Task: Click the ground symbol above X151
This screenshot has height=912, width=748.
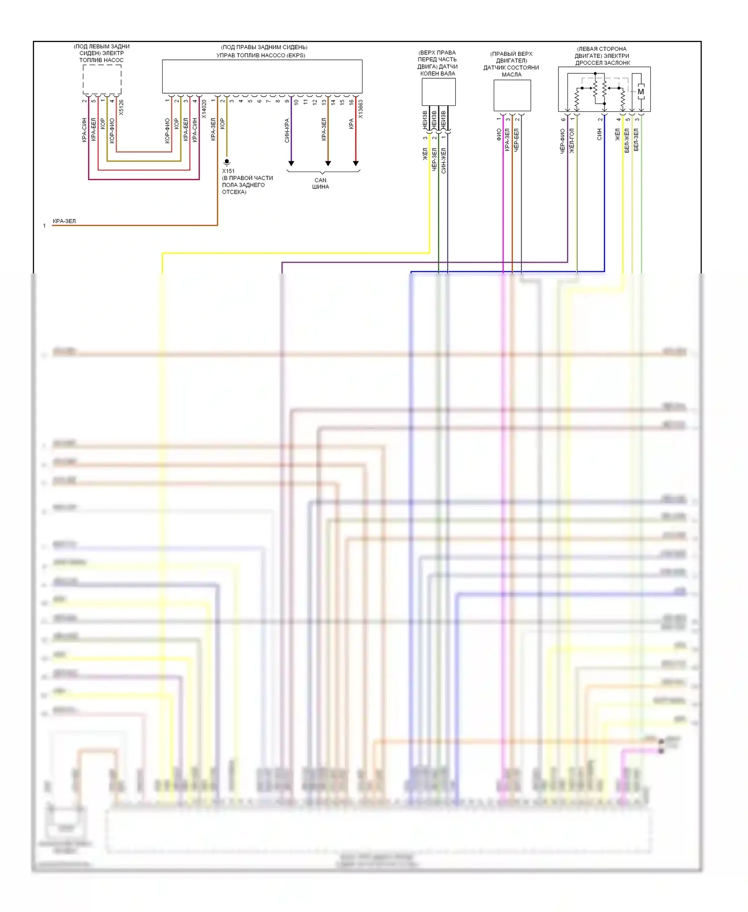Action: point(227,162)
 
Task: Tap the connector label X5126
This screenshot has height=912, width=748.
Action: point(121,108)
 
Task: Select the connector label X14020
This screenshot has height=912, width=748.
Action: point(204,109)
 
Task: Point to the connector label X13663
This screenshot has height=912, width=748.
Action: point(361,109)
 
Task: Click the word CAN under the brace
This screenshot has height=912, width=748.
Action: point(320,180)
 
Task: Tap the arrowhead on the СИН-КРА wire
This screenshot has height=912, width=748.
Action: point(291,163)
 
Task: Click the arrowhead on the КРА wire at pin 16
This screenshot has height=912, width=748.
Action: point(356,163)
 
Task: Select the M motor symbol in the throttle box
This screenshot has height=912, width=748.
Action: point(641,91)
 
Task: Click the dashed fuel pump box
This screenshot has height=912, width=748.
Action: point(102,79)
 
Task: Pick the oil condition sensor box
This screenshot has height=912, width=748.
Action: point(512,95)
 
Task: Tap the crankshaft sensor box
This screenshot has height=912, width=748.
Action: point(438,92)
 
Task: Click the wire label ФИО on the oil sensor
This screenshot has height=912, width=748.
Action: point(499,135)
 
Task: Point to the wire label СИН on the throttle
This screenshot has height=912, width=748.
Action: point(599,134)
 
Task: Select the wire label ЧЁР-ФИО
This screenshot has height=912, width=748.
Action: point(562,141)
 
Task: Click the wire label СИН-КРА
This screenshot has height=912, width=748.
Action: point(287,130)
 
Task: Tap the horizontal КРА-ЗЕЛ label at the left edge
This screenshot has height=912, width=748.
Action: point(64,221)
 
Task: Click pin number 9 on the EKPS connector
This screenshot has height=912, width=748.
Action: point(287,101)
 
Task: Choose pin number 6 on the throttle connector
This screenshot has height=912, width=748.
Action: point(563,119)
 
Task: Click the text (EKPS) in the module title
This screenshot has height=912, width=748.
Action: point(296,55)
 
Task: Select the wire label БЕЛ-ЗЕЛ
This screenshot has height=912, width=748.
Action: point(636,140)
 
